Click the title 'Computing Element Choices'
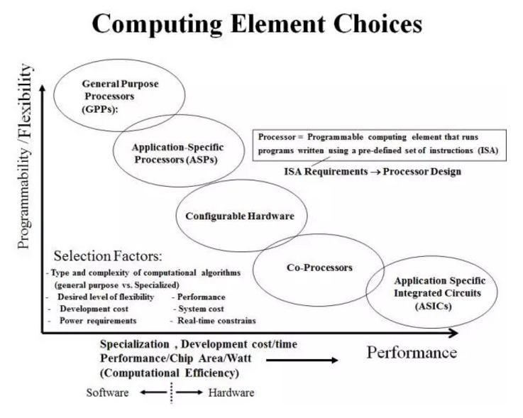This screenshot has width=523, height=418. (257, 24)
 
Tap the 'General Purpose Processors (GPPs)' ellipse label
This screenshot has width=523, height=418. (120, 97)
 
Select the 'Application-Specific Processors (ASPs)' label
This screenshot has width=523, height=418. (178, 153)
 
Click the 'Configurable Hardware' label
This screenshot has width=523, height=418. (240, 216)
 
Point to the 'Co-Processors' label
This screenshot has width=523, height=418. (319, 268)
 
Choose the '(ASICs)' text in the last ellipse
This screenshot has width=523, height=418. (434, 306)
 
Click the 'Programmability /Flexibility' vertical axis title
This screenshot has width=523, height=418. (25, 156)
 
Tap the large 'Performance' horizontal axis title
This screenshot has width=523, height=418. (412, 353)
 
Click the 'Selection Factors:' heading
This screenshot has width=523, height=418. (108, 256)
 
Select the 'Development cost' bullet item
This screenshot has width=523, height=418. (94, 309)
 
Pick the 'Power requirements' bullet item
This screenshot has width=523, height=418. (98, 321)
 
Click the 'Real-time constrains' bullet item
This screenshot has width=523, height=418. (216, 321)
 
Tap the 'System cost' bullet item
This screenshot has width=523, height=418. (201, 309)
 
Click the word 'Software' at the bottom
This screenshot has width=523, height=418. (107, 392)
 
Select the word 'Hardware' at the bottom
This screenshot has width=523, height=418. (231, 392)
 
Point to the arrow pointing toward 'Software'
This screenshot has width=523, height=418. (153, 392)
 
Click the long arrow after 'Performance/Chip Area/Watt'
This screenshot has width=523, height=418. (302, 360)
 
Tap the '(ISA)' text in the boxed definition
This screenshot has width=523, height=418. (488, 150)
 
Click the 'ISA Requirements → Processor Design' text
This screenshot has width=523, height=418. (373, 172)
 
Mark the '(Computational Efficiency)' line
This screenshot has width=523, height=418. (170, 373)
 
